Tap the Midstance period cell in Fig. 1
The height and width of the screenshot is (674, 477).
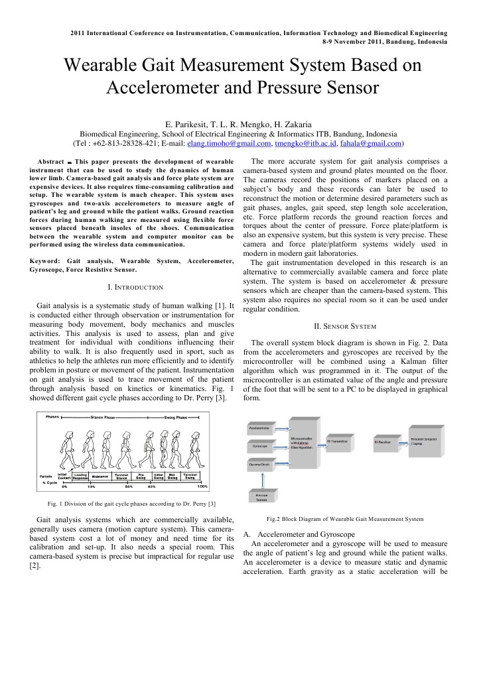tap(101, 476)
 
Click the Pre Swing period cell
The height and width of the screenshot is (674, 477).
tap(141, 476)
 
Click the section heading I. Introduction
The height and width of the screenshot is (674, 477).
tap(135, 287)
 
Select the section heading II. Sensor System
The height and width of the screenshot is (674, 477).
tap(345, 326)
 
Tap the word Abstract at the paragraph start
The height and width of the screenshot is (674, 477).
tap(50, 162)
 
